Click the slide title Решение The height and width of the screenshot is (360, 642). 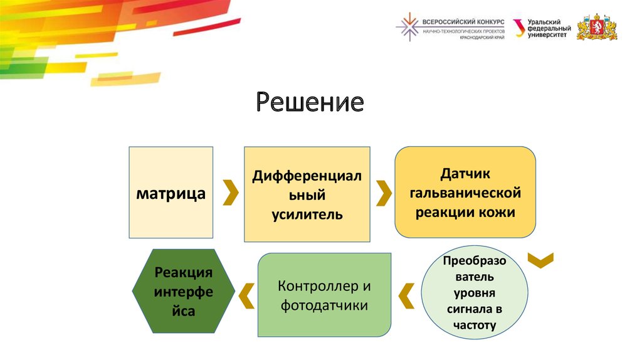(309, 102)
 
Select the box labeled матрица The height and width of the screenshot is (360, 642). (171, 193)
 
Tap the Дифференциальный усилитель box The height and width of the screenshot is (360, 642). (307, 194)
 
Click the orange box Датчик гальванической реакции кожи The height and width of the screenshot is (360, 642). (465, 191)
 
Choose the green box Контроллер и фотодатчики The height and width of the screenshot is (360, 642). (324, 295)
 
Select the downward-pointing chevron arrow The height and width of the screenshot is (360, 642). (540, 260)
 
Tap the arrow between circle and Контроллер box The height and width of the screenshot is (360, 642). (406, 295)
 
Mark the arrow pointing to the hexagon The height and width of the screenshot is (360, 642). (246, 295)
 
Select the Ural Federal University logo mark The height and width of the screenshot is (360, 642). (518, 28)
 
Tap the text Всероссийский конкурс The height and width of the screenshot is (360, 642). (463, 21)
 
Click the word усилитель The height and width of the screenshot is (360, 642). (307, 214)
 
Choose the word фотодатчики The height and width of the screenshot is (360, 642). (324, 305)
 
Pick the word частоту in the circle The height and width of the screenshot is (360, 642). (473, 325)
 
